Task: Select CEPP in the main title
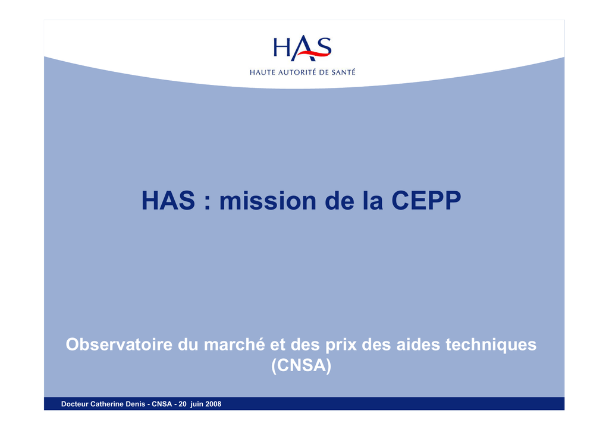pos(426,201)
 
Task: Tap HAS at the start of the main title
pos(168,201)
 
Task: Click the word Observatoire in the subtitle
pos(119,344)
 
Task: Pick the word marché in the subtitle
pos(234,344)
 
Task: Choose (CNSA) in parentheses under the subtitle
pos(302,365)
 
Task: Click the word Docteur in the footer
pos(75,404)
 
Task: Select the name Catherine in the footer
pos(108,404)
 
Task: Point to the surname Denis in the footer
pos(136,404)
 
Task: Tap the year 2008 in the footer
pos(214,404)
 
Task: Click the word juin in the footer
pos(197,404)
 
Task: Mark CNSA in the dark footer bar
pos(162,404)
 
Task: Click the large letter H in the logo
pos(281,48)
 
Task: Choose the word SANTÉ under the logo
pos(343,72)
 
